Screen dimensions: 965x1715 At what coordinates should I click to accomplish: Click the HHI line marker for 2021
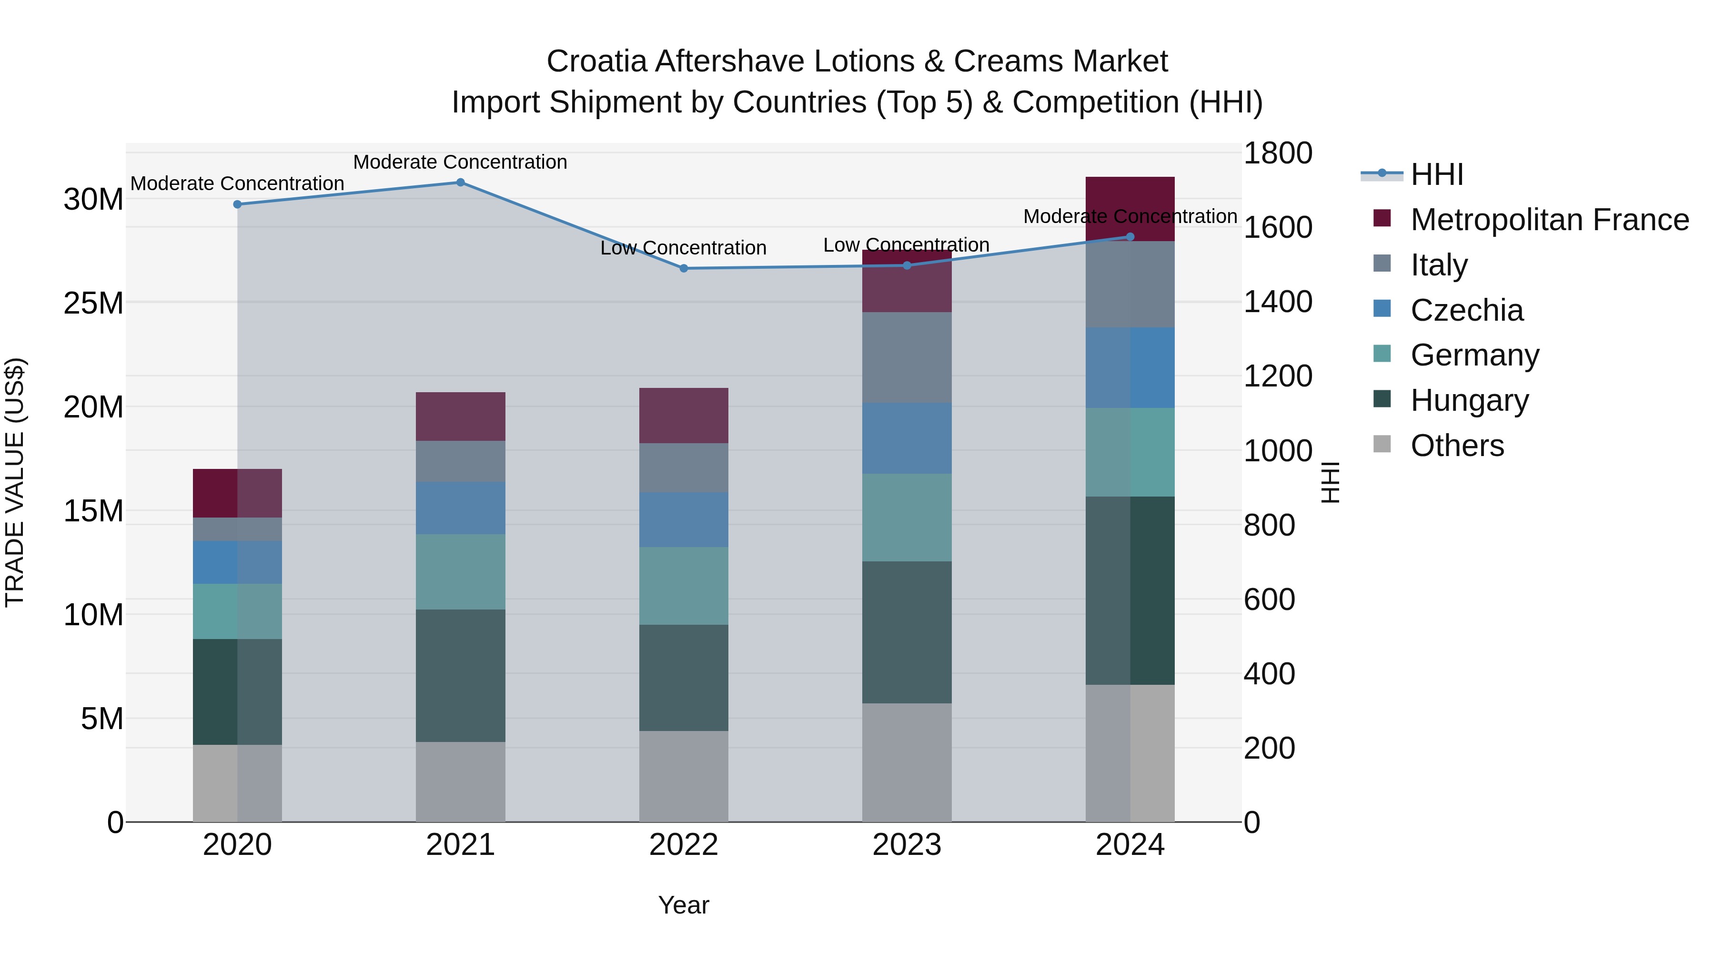coord(460,183)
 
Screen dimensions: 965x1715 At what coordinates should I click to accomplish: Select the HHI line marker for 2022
coord(683,268)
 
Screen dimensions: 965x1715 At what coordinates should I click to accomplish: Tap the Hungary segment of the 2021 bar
coord(460,675)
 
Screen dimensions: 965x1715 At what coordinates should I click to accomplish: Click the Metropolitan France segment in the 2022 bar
coord(683,416)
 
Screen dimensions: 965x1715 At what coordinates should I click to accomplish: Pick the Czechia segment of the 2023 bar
coord(906,438)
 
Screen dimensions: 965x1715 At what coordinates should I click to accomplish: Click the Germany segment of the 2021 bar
coord(460,571)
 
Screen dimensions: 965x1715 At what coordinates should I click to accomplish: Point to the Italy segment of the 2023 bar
coord(906,357)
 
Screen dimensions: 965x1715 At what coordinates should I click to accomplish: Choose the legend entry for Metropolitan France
coord(1549,220)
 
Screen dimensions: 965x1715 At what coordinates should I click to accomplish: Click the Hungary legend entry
coord(1469,400)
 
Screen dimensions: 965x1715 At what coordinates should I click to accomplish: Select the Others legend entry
coord(1457,446)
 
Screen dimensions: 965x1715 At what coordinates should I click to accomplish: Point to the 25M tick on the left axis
coord(93,303)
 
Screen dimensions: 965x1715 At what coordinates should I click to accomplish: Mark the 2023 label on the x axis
coord(906,845)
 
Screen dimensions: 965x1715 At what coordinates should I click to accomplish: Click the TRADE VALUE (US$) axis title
coord(15,482)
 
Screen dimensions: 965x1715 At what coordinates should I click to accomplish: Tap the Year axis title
coord(683,905)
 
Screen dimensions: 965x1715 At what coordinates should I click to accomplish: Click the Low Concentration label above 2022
coord(683,248)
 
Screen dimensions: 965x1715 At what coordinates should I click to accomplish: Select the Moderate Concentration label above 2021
coord(460,162)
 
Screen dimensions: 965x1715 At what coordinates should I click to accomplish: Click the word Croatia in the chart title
coord(596,61)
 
